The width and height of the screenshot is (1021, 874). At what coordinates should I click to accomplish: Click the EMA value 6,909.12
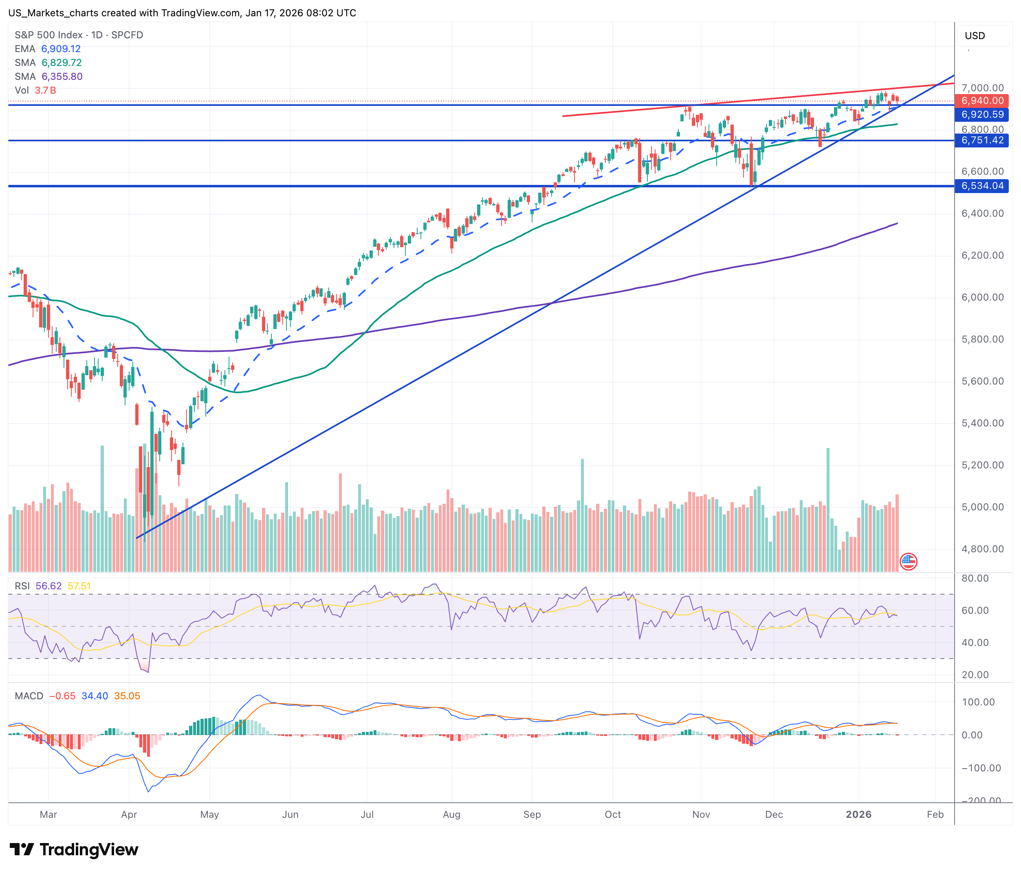click(x=61, y=49)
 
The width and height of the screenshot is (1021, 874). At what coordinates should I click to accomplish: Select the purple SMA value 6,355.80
click(x=62, y=77)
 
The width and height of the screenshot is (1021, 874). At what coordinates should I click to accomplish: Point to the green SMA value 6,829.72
click(x=62, y=63)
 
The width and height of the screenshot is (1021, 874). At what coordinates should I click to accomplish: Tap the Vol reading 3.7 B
click(x=45, y=90)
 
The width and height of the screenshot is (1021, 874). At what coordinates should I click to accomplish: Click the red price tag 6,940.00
click(x=982, y=101)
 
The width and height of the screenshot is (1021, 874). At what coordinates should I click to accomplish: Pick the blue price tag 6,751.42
click(x=982, y=141)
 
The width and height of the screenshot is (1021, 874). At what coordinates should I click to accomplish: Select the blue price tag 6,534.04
click(x=982, y=186)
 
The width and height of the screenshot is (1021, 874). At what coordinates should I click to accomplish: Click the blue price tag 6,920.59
click(x=982, y=114)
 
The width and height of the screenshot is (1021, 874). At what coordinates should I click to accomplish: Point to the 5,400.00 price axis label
click(x=982, y=423)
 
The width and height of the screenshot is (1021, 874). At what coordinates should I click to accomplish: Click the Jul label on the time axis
click(x=367, y=815)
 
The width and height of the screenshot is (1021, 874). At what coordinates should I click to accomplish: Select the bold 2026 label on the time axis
click(x=858, y=815)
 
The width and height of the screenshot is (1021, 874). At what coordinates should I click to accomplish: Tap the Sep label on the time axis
click(x=532, y=815)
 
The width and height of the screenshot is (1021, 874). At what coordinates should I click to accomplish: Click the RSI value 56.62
click(x=49, y=586)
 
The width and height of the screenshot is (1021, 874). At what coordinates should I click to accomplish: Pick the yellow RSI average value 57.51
click(x=79, y=586)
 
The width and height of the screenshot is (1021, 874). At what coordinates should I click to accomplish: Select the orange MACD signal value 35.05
click(x=127, y=696)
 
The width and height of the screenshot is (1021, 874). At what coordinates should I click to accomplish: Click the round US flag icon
click(x=908, y=561)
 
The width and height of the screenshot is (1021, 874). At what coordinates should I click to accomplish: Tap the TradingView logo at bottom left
click(x=74, y=850)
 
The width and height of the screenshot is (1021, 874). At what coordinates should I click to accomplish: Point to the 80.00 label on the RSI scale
click(x=975, y=578)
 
